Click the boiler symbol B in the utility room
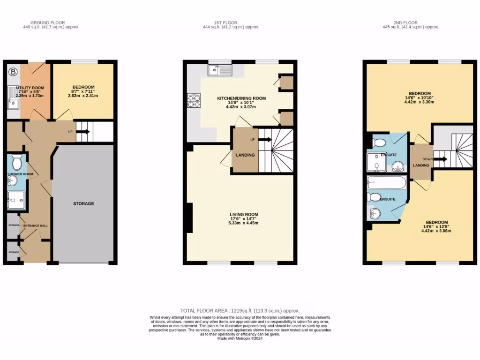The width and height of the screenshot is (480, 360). point(14,72)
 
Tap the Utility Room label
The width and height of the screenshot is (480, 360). point(30,88)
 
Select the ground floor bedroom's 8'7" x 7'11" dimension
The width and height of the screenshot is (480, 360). point(83,92)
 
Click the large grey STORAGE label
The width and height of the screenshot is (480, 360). point(83,203)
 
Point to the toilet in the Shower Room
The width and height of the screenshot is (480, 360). point(17,162)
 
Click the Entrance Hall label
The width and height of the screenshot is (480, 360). point(36,225)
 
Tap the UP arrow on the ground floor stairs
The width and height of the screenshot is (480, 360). point(83,132)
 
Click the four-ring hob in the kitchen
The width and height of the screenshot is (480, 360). point(193,100)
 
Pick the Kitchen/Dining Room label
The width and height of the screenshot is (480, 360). point(241,98)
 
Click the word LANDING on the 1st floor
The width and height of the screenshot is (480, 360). point(245,155)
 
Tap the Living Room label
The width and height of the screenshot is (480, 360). point(244,215)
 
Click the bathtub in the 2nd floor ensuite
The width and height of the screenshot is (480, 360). point(387,182)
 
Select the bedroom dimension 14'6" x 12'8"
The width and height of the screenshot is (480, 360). point(436,227)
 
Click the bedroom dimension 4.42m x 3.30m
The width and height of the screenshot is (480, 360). point(420,102)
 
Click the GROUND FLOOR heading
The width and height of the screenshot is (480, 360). point(47,22)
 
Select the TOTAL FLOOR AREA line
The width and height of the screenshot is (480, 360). point(240,311)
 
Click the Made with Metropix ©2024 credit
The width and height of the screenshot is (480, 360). point(240,338)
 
